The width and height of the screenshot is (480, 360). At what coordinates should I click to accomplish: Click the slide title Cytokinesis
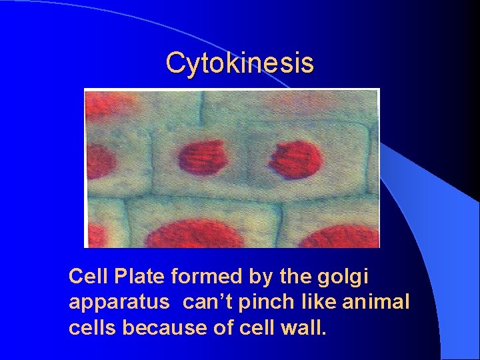pyautogui.click(x=239, y=63)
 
